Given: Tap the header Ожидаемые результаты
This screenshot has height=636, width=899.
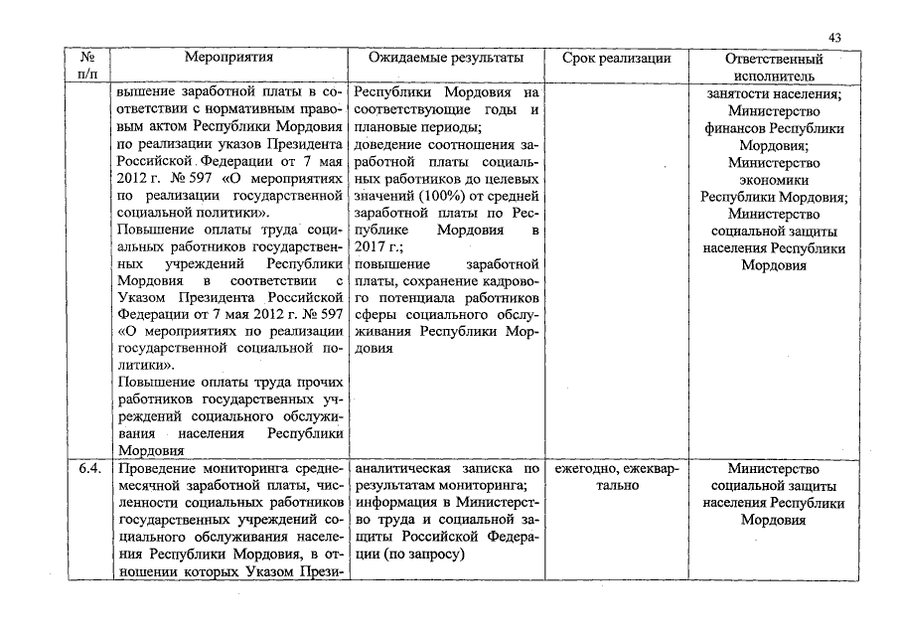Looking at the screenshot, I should tap(446, 59).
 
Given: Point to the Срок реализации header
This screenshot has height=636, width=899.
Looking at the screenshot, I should tap(616, 59).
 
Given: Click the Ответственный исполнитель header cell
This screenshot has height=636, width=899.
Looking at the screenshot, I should tap(774, 67).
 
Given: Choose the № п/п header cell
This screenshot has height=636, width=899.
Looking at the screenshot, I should tap(84, 67).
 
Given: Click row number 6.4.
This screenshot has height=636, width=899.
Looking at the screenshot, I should tap(85, 469).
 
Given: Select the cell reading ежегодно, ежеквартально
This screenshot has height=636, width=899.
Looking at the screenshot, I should tap(617, 477).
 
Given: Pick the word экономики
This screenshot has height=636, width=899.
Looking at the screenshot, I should tap(774, 180).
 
